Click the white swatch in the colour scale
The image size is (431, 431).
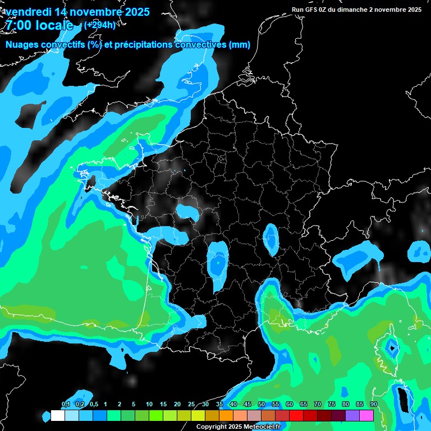click(x=58, y=415)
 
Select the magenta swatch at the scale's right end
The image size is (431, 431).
click(x=366, y=415)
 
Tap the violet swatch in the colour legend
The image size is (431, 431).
click(x=352, y=415)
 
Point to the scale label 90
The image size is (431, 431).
click(x=374, y=405)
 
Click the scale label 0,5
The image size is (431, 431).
click(x=93, y=405)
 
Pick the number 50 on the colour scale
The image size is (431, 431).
click(x=262, y=405)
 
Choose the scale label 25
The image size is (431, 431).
click(x=191, y=405)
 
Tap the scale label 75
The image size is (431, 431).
click(x=332, y=405)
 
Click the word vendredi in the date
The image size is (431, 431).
click(x=30, y=12)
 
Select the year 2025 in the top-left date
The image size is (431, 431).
click(x=134, y=12)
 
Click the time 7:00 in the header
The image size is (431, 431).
click(x=20, y=25)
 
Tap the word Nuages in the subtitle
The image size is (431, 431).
click(x=22, y=45)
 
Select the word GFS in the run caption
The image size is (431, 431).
click(x=313, y=10)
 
